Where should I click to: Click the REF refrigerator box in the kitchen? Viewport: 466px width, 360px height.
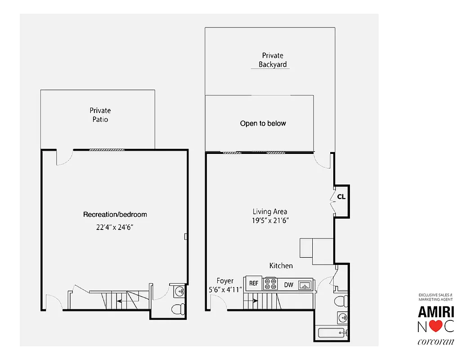click(x=254, y=283)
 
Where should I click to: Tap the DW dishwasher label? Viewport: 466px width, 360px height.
click(x=288, y=284)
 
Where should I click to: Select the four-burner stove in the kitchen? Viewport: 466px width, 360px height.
click(x=270, y=284)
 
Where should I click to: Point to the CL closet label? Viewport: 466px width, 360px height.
click(x=341, y=197)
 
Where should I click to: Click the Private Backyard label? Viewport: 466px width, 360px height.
click(x=273, y=60)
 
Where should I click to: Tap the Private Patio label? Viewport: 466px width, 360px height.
click(x=100, y=115)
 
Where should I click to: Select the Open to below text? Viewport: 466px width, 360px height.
click(x=263, y=123)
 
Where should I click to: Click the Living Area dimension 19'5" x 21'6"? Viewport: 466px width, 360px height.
click(x=270, y=220)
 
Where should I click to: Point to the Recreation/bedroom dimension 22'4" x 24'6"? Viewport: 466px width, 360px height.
click(x=115, y=227)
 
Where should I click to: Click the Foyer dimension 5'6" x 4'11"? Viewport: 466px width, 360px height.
click(x=225, y=290)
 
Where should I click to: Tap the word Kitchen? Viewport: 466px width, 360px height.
click(x=281, y=265)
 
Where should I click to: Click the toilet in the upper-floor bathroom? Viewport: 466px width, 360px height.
click(x=340, y=300)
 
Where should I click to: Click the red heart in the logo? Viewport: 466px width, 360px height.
click(x=436, y=326)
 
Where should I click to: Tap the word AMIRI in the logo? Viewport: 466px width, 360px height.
click(x=436, y=311)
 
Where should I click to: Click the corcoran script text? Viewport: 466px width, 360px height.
click(x=436, y=342)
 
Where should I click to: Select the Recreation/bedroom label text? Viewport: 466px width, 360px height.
click(x=115, y=215)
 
